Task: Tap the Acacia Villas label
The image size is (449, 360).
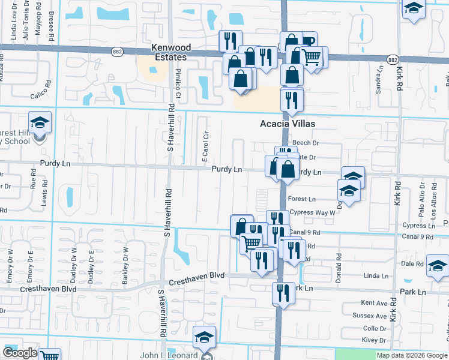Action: tap(287, 124)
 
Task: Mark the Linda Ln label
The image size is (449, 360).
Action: tap(376, 275)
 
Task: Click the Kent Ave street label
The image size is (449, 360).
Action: tap(374, 304)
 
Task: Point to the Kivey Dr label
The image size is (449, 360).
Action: tap(375, 340)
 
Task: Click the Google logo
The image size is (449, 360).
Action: tap(20, 353)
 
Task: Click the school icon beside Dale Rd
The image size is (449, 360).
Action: tap(438, 265)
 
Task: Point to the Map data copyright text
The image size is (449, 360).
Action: tap(412, 355)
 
